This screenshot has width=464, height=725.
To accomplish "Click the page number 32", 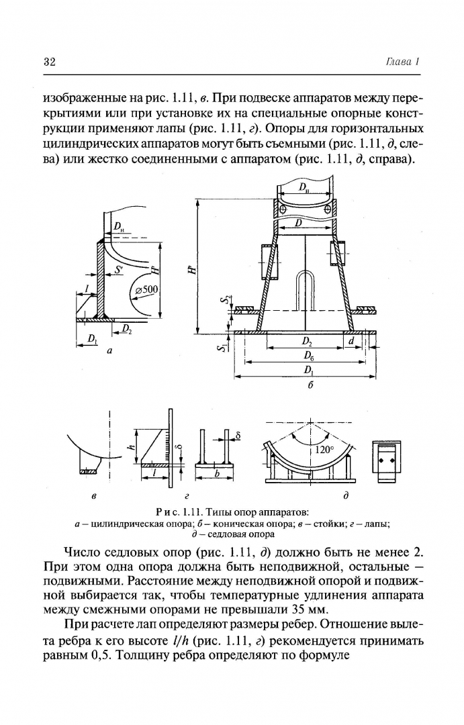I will (49, 62).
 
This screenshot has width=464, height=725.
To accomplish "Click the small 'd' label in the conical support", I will (351, 341).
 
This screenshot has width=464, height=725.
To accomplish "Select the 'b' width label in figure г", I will (217, 473).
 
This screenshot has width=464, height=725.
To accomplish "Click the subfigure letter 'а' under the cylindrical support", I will (109, 350).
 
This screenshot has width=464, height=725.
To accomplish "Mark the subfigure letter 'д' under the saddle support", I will (345, 497).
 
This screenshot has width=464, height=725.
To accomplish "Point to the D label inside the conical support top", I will (298, 222).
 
